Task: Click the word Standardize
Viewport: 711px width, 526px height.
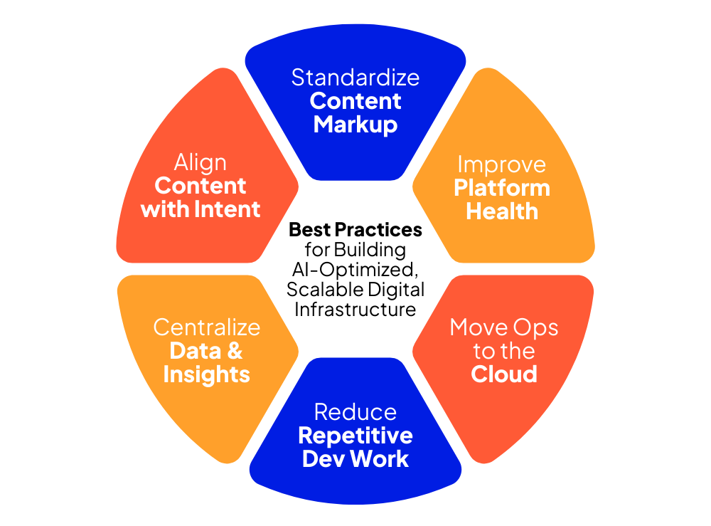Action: [x=355, y=77]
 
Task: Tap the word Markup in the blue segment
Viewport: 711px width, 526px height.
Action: [x=355, y=125]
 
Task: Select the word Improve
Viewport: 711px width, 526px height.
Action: [x=501, y=164]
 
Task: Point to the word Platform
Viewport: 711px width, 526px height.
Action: [x=502, y=188]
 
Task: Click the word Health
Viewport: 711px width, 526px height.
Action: [x=502, y=211]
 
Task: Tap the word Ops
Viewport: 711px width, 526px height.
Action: [x=535, y=327]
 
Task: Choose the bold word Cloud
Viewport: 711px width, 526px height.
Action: [x=504, y=374]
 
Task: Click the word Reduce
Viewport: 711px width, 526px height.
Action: [x=355, y=412]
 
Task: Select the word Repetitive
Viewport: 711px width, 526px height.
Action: [x=355, y=436]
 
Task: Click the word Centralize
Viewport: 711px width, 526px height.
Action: [x=207, y=327]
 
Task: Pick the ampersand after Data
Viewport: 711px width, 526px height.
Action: [x=235, y=351]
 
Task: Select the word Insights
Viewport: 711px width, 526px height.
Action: [x=207, y=374]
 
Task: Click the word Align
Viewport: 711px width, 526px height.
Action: [x=201, y=163]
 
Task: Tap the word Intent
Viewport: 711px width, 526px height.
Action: [x=232, y=210]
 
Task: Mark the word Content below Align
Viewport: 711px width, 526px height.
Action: [x=201, y=186]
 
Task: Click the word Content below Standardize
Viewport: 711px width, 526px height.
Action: [x=355, y=101]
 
